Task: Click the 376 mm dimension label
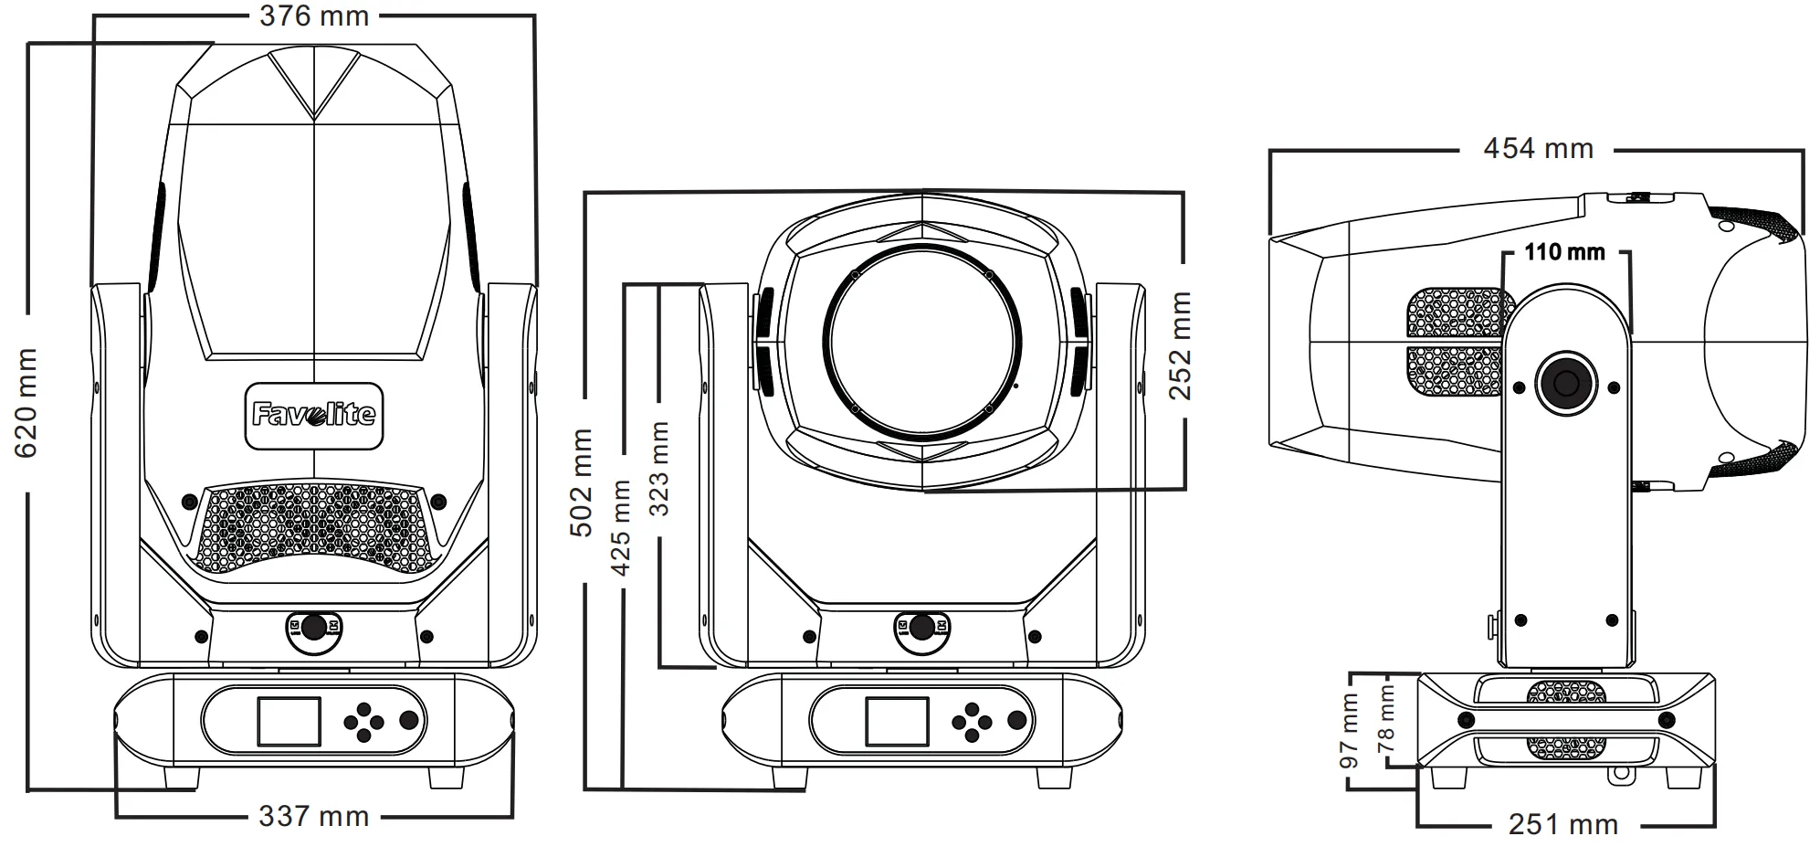pyautogui.click(x=313, y=16)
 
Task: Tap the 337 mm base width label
pyautogui.click(x=313, y=815)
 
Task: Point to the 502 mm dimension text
pyautogui.click(x=582, y=482)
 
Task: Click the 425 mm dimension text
pyautogui.click(x=621, y=527)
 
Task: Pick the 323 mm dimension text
pyautogui.click(x=658, y=468)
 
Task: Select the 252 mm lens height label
pyautogui.click(x=1181, y=345)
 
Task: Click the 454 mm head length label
pyautogui.click(x=1538, y=148)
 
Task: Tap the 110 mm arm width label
pyautogui.click(x=1564, y=251)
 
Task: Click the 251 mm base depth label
pyautogui.click(x=1562, y=824)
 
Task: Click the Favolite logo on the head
pyautogui.click(x=313, y=416)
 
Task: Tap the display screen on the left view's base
pyautogui.click(x=289, y=721)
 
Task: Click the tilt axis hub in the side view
pyautogui.click(x=1565, y=382)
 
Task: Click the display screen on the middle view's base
pyautogui.click(x=897, y=721)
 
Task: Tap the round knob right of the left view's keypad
pyautogui.click(x=409, y=721)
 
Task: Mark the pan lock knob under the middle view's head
pyautogui.click(x=922, y=627)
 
